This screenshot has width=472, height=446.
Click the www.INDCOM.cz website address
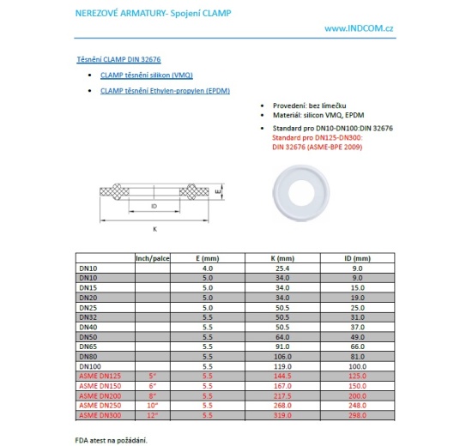(x=360, y=29)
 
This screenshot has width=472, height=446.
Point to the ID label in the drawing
(x=154, y=207)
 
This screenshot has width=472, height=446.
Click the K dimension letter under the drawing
(x=154, y=229)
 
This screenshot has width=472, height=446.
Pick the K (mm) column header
(x=281, y=258)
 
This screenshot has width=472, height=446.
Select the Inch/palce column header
(x=154, y=258)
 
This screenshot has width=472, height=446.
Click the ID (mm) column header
(x=355, y=258)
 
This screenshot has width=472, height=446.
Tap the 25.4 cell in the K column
(x=281, y=268)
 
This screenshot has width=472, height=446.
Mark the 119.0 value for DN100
(x=281, y=366)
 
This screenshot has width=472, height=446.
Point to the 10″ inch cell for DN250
(x=154, y=405)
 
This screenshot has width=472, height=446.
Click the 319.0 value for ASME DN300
(x=281, y=415)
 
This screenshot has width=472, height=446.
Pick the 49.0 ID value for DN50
(x=355, y=336)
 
